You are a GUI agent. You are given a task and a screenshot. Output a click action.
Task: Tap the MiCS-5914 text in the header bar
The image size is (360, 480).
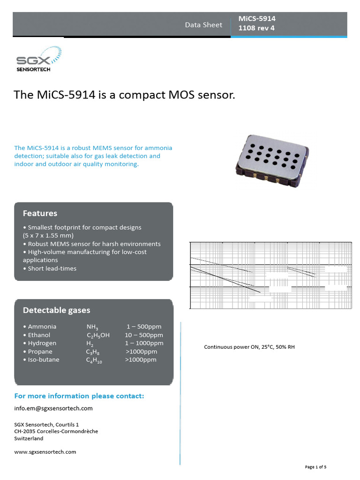pos(257,19)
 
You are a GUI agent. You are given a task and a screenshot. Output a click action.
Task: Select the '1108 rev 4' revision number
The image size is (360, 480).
pos(257,28)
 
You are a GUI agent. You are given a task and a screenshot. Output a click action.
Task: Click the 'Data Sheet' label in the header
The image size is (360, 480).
pos(203,25)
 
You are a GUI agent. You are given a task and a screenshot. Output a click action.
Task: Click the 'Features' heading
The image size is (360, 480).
pos(40,213)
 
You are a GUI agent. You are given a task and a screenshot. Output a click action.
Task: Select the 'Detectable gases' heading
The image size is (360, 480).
pos(56,310)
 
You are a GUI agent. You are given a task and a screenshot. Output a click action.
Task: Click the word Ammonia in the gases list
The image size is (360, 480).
pos(42,327)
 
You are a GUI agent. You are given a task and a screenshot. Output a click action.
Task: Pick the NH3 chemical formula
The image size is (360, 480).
pos(92,327)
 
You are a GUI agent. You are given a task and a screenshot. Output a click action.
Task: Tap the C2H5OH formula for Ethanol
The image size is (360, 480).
pos(98,336)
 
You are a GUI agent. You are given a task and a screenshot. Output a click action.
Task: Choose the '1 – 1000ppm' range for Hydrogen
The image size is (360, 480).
pos(144,343)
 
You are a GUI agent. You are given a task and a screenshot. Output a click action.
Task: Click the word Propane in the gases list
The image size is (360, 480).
pos(40,352)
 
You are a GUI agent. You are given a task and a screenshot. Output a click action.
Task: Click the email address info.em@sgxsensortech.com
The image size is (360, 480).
pos(53,408)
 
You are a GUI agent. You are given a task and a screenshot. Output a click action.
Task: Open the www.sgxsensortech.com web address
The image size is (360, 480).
pos(45,452)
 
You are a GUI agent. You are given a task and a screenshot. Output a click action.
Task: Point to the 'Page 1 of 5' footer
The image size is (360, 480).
pos(315,467)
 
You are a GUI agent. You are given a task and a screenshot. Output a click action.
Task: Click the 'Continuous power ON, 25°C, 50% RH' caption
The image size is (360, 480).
pos(249,347)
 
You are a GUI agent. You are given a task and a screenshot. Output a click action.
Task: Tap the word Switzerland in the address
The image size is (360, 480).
pos(29,439)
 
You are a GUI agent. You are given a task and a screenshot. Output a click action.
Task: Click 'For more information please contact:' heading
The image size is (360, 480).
pos(79,396)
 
